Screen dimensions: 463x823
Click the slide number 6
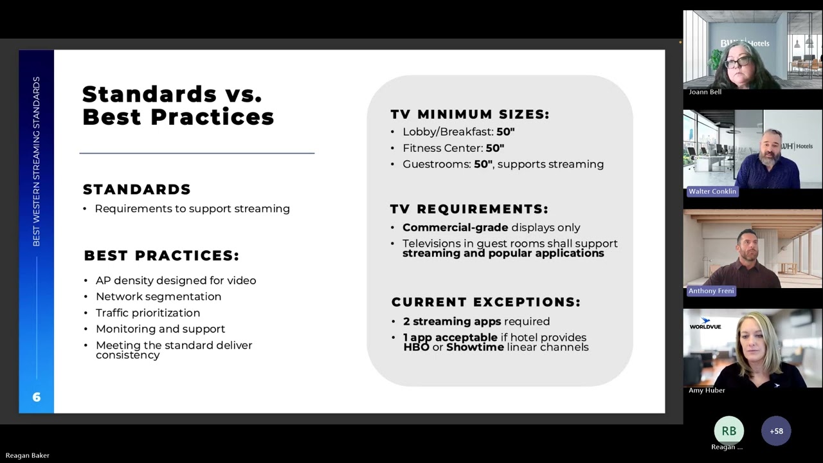[37, 397]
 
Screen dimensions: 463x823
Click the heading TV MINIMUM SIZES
[469, 114]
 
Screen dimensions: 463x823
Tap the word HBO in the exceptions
[416, 347]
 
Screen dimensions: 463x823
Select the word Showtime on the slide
[475, 347]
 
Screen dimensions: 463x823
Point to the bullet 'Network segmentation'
[158, 296]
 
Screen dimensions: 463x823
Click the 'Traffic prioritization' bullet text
[148, 313]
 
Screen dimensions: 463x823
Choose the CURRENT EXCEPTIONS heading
[485, 302]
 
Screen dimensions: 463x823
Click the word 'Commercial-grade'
[455, 228]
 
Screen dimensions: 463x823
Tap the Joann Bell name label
[705, 92]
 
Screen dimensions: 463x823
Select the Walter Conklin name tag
[712, 192]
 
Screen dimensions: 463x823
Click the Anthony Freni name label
[711, 291]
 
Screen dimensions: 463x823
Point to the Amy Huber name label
[707, 390]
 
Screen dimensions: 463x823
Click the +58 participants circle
[776, 431]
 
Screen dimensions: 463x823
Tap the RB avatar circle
[728, 431]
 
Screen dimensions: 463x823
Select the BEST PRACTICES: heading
[161, 256]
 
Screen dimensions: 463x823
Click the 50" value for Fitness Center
[494, 148]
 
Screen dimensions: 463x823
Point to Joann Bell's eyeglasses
[737, 62]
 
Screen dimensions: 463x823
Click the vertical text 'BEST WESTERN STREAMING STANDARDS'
[37, 161]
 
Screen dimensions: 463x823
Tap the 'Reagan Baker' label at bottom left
[28, 455]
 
